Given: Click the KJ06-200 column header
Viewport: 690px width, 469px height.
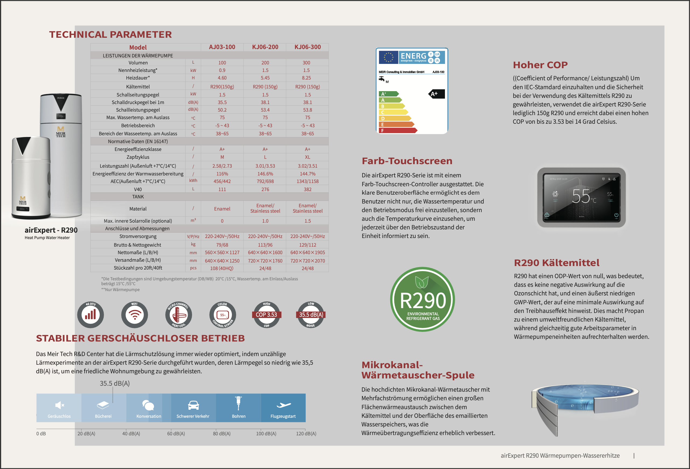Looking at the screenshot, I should (265, 47).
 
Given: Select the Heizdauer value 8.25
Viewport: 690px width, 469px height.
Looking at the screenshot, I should (306, 78).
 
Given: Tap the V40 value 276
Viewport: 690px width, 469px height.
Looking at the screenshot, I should (265, 189).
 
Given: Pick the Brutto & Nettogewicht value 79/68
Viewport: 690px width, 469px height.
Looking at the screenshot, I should (222, 245).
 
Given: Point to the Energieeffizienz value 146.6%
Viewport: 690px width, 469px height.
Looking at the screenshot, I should (265, 174).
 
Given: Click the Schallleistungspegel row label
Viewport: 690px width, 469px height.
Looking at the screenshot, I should (138, 110).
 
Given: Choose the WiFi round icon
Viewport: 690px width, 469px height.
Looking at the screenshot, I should (134, 315).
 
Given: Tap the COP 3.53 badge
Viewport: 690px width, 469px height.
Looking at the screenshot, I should (266, 315).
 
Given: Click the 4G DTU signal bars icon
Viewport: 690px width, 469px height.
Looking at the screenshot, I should (90, 315).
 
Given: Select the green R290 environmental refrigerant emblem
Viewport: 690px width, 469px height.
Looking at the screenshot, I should (423, 299).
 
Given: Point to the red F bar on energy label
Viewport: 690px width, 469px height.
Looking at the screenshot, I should (398, 130).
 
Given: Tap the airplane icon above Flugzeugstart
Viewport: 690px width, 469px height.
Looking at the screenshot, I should (283, 405).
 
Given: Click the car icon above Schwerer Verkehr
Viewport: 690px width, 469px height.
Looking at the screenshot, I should (193, 405).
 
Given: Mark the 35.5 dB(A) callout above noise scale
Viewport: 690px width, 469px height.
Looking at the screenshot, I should (115, 383).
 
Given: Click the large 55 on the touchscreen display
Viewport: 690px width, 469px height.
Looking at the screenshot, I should (581, 196).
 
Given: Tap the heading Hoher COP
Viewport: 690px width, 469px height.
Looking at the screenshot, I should (540, 65).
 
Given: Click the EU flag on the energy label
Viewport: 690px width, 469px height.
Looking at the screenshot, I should (388, 57).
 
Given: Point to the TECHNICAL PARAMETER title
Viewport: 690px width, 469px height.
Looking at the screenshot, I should (110, 35).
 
